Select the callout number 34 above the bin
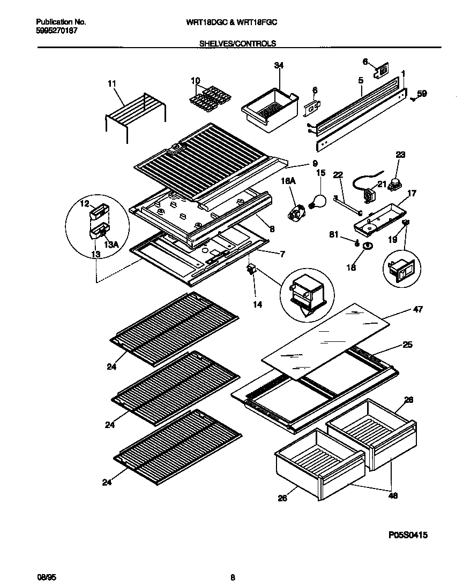click(279, 65)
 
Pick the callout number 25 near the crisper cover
click(408, 346)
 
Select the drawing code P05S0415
click(408, 534)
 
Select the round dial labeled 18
click(367, 246)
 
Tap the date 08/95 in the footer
click(45, 577)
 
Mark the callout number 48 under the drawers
click(393, 496)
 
